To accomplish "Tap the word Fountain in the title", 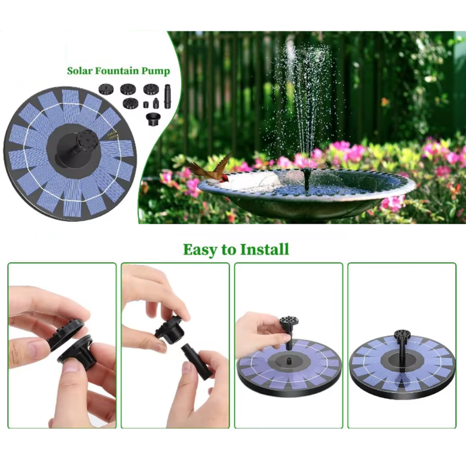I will (x=119, y=71).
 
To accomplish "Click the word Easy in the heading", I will (x=199, y=250).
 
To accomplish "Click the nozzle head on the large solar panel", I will (x=85, y=142).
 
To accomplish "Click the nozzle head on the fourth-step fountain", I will (x=400, y=336).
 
